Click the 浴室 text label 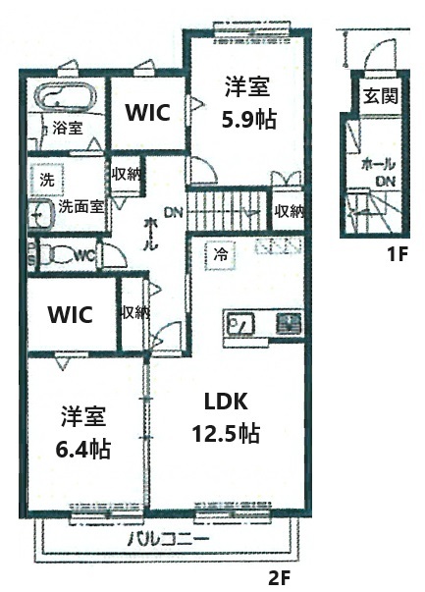[x=67, y=128]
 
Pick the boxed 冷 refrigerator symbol [x=220, y=253]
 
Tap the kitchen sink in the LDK [x=241, y=322]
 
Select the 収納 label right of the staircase [x=289, y=210]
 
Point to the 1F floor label [x=397, y=256]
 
